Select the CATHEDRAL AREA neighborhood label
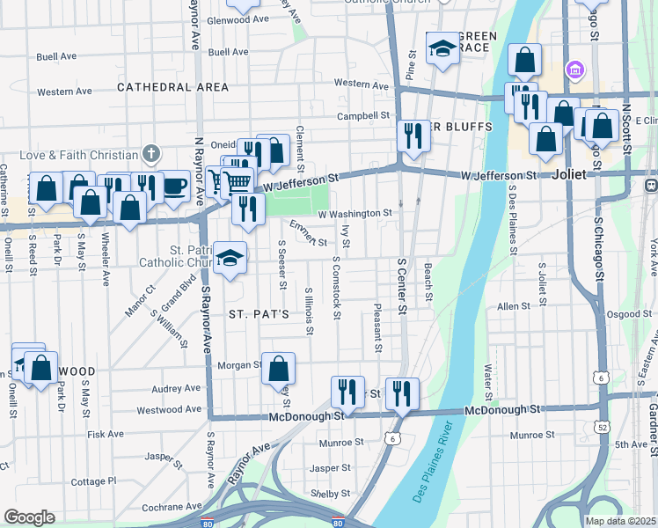click(172, 87)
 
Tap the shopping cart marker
click(238, 182)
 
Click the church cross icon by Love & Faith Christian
click(151, 154)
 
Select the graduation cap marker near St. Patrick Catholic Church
click(230, 257)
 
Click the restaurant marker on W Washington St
click(249, 209)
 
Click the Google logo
click(29, 517)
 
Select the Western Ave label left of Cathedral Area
click(65, 92)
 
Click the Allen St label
click(510, 306)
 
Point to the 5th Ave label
click(631, 444)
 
